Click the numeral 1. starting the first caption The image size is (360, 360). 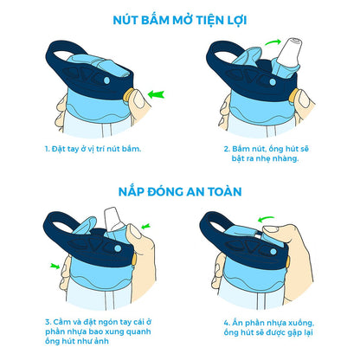click(48, 148)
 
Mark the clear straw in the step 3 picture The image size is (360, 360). click(111, 228)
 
